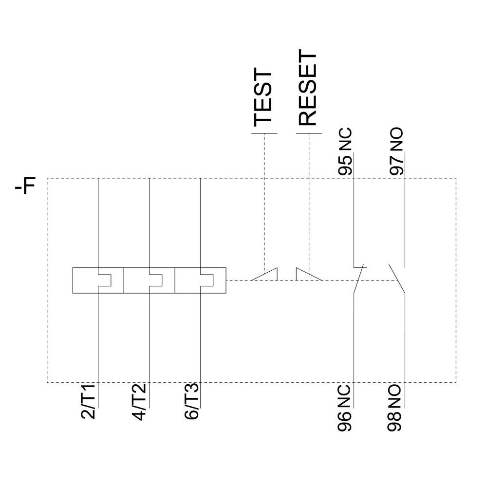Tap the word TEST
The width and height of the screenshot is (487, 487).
point(263,98)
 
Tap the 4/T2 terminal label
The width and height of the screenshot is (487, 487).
point(140,403)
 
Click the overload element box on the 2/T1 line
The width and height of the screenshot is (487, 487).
point(98,280)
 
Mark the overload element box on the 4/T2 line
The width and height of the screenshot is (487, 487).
point(149,280)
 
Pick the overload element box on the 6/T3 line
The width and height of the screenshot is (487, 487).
point(200,280)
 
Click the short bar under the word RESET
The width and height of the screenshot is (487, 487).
point(309,133)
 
